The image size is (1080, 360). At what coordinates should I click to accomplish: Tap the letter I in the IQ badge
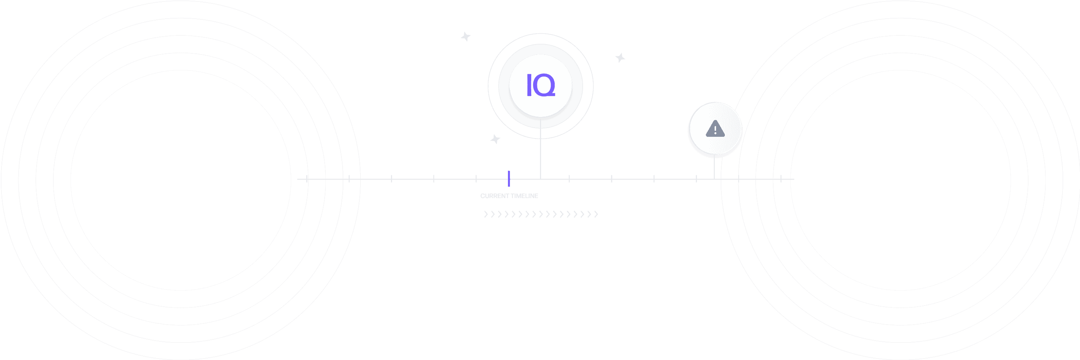pos(529,85)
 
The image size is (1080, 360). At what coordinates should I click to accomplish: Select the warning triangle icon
pos(715,129)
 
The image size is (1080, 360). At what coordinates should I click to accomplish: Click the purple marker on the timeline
pos(508,179)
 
